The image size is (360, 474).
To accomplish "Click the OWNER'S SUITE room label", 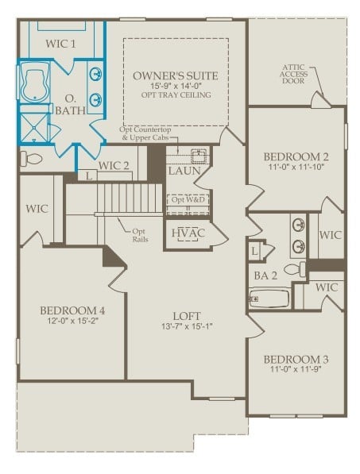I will (x=175, y=75).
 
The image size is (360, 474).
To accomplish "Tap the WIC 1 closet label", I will (x=61, y=44).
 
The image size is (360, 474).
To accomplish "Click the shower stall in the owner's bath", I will (x=35, y=126).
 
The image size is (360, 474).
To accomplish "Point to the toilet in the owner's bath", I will (x=29, y=159).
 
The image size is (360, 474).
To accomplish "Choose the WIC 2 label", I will (x=114, y=166).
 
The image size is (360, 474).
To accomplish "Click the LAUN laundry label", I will (x=184, y=170).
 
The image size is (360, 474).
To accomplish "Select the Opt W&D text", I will (x=189, y=199).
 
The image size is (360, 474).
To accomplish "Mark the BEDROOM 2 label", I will (x=296, y=156).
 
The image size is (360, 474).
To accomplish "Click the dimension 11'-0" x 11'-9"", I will (x=297, y=371).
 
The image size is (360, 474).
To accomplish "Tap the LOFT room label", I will (x=188, y=314).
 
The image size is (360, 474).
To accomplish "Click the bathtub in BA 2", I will (x=269, y=299).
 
